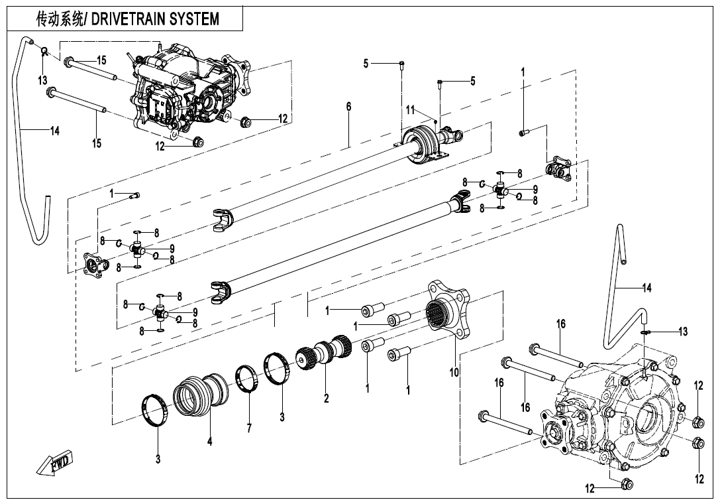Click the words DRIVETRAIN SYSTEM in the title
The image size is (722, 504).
[155, 19]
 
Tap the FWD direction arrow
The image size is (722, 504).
[55, 462]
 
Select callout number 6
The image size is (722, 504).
[348, 107]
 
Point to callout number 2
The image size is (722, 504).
[326, 399]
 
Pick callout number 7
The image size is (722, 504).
[249, 428]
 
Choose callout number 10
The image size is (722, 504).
[454, 373]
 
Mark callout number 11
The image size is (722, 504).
[411, 109]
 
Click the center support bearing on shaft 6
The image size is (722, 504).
[420, 144]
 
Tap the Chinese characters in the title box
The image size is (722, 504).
[60, 19]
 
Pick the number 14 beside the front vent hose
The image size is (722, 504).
[54, 131]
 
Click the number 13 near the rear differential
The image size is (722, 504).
[682, 332]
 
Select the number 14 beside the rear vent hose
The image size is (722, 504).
[647, 288]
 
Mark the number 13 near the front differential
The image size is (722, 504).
[42, 80]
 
